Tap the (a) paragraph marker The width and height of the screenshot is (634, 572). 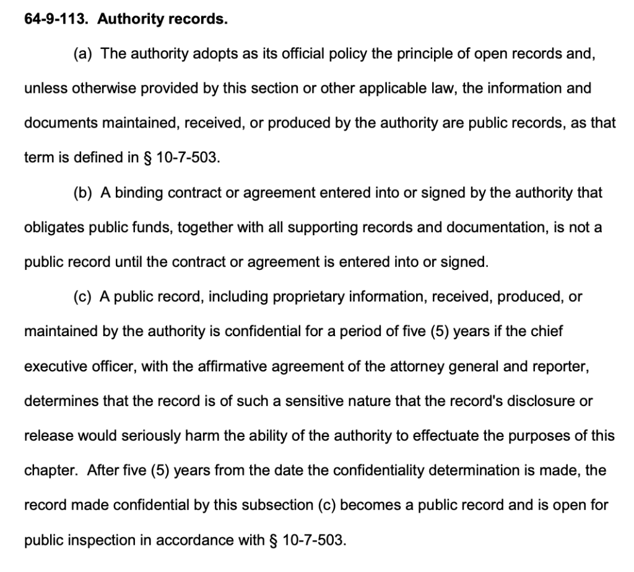click(x=83, y=54)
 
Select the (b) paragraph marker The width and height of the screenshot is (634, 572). click(x=83, y=193)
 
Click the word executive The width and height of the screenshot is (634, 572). click(x=52, y=366)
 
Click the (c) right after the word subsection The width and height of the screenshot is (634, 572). click(x=326, y=505)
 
